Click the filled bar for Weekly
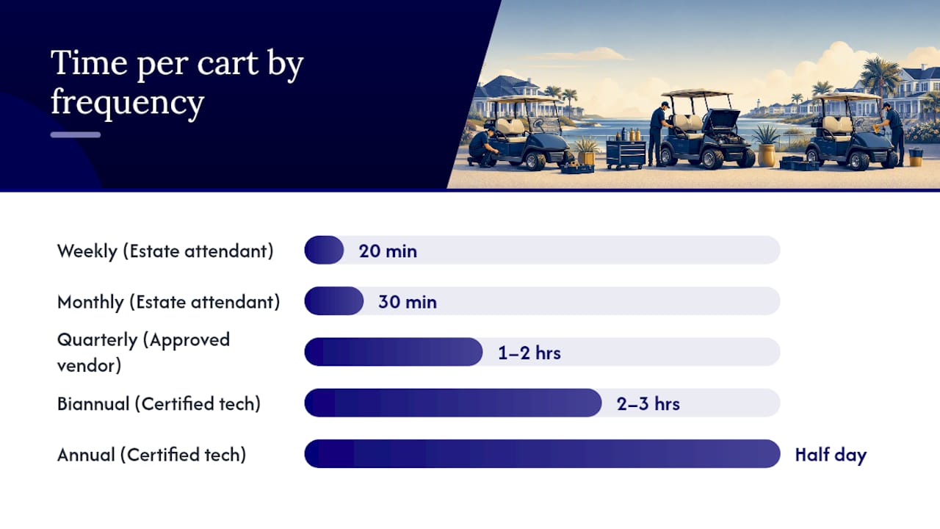(x=324, y=251)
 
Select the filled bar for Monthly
(x=334, y=301)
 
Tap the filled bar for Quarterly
(x=394, y=352)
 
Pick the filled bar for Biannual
(x=453, y=403)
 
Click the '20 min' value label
(x=388, y=251)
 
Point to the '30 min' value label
(x=408, y=302)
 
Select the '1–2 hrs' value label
(x=529, y=353)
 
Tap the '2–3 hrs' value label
(x=648, y=403)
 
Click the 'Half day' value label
(x=831, y=455)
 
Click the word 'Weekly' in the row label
(x=87, y=251)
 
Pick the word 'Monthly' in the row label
(x=90, y=302)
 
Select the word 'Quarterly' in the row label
(x=98, y=340)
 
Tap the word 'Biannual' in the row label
(x=93, y=404)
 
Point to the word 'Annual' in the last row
(x=86, y=455)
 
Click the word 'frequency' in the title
(x=128, y=102)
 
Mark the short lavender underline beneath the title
(x=76, y=134)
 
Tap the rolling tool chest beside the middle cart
(x=626, y=154)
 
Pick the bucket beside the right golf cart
(x=915, y=157)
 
